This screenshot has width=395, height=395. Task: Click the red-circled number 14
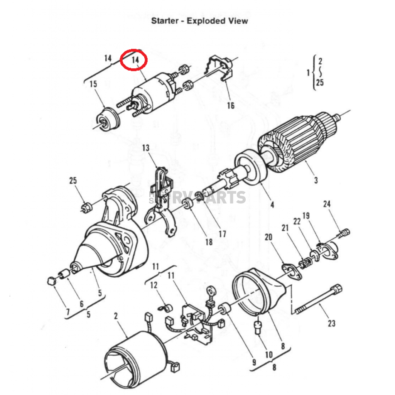134,61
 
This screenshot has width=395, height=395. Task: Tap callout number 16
230,105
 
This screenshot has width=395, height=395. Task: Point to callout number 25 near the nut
73,181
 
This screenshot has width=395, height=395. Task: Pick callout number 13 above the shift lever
145,148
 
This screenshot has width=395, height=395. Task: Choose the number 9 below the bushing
254,362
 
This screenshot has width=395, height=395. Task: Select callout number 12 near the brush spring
154,285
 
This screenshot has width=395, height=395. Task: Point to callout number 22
297,221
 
